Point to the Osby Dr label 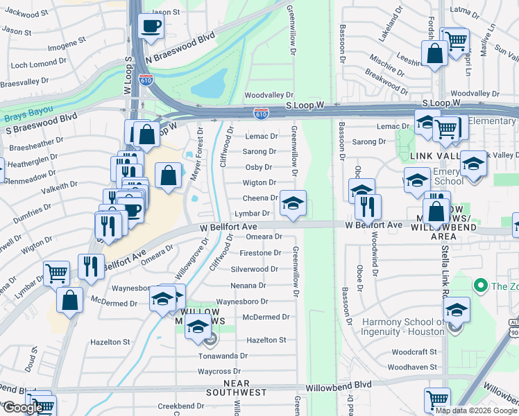(259, 167)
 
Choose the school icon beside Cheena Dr (293, 203)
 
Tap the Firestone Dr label (259, 253)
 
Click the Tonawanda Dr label (223, 356)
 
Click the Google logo (22, 408)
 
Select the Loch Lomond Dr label (38, 64)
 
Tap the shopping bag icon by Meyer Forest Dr (169, 175)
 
